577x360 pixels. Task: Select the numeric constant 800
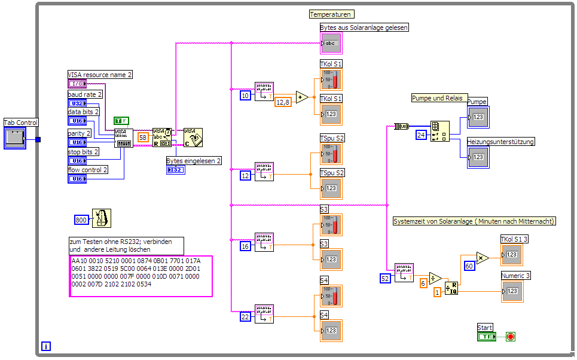(x=81, y=219)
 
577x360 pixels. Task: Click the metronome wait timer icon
(x=101, y=218)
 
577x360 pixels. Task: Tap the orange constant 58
(x=143, y=137)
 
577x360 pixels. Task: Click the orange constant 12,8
(x=283, y=102)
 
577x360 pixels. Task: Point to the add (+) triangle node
(x=301, y=97)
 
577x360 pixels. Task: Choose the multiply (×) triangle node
(x=483, y=258)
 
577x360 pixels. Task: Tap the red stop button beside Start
(x=510, y=337)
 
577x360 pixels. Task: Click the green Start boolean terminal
(x=487, y=337)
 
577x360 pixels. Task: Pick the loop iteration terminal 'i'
(x=46, y=346)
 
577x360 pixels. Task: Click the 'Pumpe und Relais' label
(x=438, y=98)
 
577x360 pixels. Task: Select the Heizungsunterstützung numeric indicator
(x=478, y=157)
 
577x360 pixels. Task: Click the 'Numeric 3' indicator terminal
(x=512, y=291)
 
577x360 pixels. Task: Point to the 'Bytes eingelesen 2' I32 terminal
(x=176, y=170)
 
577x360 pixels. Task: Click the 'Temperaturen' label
(x=331, y=14)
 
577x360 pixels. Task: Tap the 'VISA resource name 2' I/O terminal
(x=77, y=84)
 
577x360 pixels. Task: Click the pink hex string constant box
(x=141, y=276)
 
